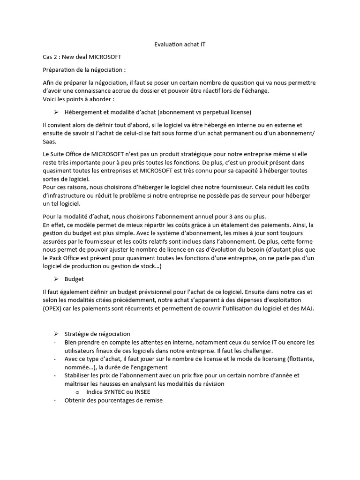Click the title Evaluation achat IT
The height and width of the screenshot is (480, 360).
click(180, 44)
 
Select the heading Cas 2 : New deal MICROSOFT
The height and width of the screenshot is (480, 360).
click(82, 57)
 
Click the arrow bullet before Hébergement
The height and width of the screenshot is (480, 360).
click(56, 112)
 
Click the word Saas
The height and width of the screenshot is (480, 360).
click(49, 141)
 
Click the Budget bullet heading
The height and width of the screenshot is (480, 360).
click(74, 278)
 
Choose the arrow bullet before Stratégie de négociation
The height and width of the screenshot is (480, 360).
click(56, 334)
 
